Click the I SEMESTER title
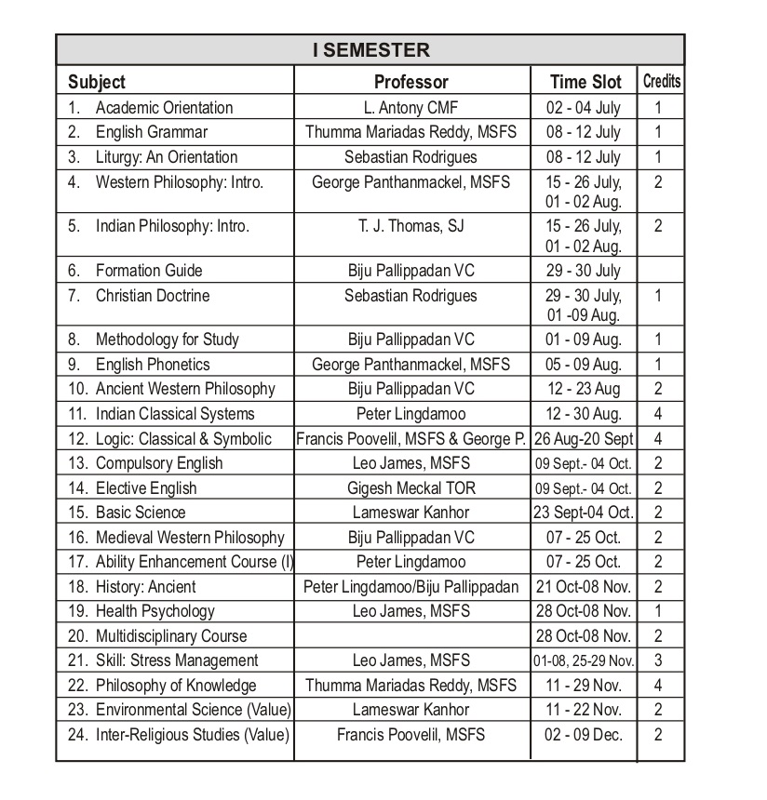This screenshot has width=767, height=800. pos(370,50)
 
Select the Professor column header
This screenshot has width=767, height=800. pos(410,82)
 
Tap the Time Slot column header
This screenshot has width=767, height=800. pos(585,82)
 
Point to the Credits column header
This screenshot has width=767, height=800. pos(661,82)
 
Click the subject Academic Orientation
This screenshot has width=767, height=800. pos(164,108)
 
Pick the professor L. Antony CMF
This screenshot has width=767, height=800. pos(410,108)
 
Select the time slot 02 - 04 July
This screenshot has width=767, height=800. pos(584,108)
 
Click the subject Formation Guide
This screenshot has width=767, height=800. pos(148,271)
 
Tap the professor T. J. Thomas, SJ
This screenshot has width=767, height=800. pos(410,226)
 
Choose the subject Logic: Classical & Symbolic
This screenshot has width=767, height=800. pos(183,438)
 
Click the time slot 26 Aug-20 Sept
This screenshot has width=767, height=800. pos(585,438)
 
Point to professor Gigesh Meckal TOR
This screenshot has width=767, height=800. pos(410,487)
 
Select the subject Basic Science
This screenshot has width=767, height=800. pos(140,513)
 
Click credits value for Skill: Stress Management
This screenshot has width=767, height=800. pos(658,660)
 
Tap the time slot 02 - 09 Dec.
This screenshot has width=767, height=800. pos(584,735)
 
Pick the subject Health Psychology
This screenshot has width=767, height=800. pos(155,611)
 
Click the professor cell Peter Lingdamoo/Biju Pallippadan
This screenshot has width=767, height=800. pos(410,587)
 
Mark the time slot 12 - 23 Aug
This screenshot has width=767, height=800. pos(584,389)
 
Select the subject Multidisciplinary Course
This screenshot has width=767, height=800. pos(170,636)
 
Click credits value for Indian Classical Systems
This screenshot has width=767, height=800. pos(658,414)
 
